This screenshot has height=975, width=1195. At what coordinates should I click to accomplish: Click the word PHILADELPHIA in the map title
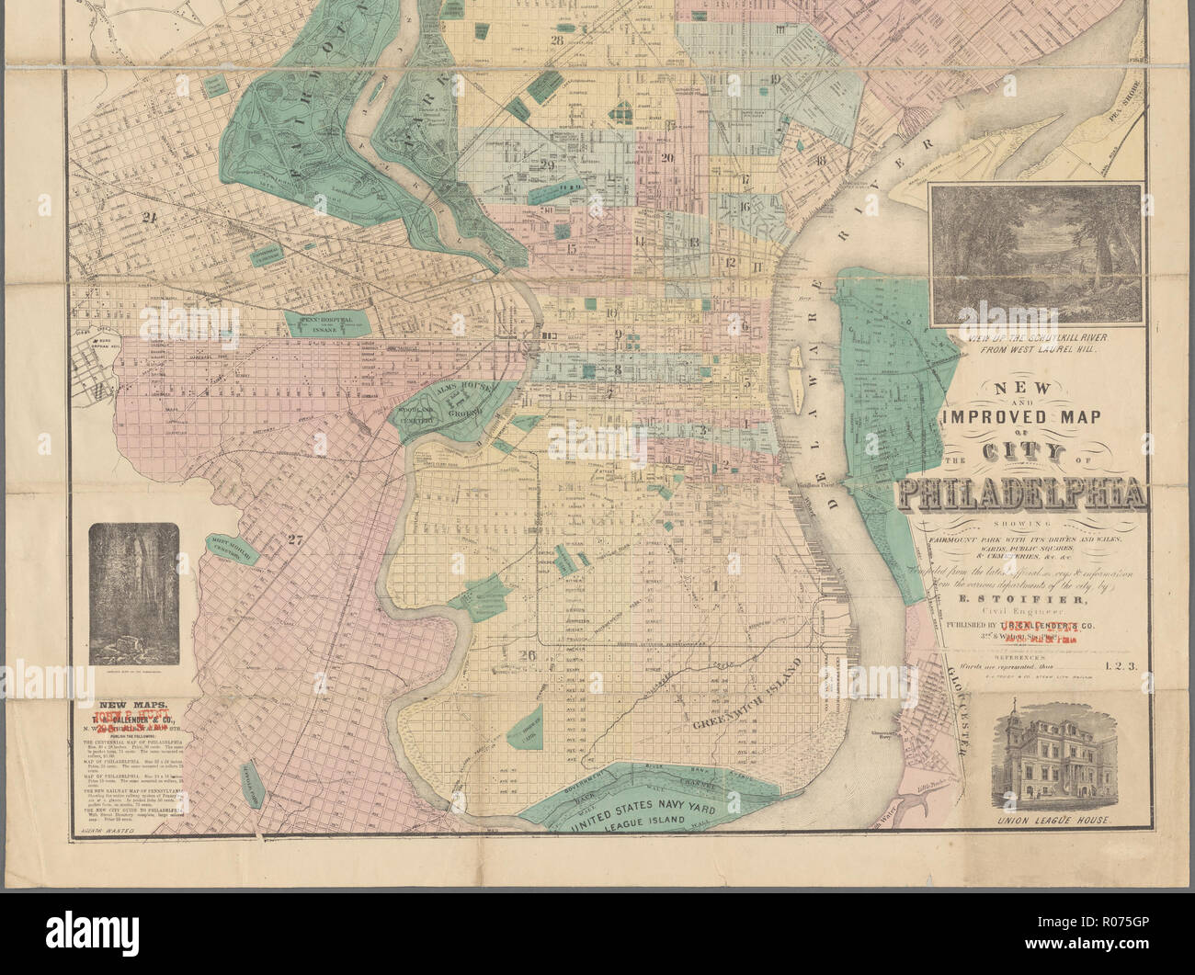(x=1022, y=496)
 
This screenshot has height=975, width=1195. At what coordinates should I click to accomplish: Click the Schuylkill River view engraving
(x=1035, y=255)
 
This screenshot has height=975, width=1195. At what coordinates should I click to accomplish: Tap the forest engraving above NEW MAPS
(x=134, y=591)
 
